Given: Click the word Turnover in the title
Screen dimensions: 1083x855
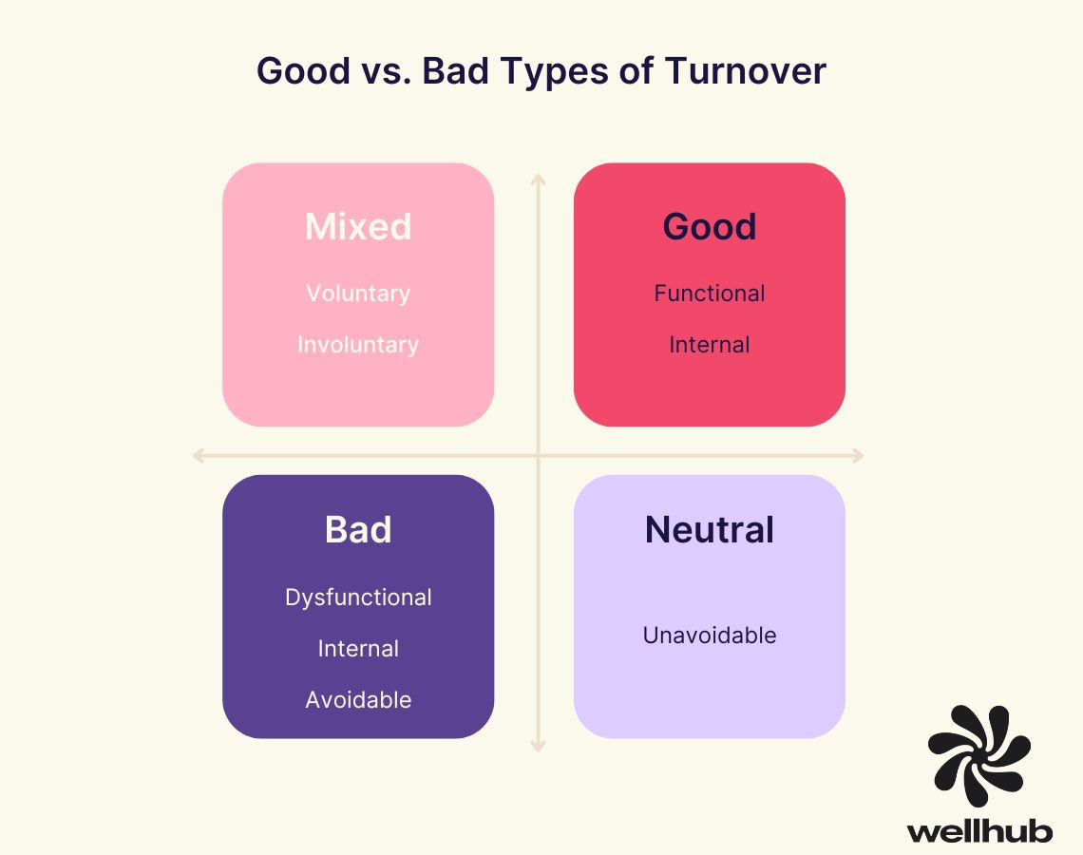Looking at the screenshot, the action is pyautogui.click(x=745, y=70).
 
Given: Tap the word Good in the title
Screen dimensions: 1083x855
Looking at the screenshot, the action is pyautogui.click(x=303, y=70).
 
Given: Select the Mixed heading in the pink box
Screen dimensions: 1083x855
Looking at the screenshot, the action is pyautogui.click(x=358, y=226).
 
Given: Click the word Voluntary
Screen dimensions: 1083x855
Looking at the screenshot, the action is pyautogui.click(x=358, y=294).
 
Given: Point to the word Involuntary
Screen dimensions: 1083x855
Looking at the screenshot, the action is pyautogui.click(x=358, y=345).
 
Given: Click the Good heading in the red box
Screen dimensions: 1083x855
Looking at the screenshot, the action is pyautogui.click(x=710, y=226).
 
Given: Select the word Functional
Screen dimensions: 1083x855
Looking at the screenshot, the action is pyautogui.click(x=710, y=294).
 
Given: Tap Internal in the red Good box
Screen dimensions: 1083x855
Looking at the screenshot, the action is pyautogui.click(x=710, y=345).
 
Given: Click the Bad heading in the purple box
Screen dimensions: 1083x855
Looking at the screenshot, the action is pyautogui.click(x=358, y=530).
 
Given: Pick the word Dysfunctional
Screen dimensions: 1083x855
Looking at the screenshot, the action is pyautogui.click(x=358, y=598).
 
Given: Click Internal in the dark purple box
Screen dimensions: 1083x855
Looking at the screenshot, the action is pyautogui.click(x=358, y=649).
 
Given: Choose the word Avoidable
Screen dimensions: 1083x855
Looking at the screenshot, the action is pyautogui.click(x=358, y=700).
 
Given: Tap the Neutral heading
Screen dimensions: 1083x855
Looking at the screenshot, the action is pyautogui.click(x=710, y=530).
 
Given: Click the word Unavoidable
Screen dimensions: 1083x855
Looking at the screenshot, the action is pyautogui.click(x=710, y=636).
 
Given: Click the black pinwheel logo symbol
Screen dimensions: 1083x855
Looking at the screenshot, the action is pyautogui.click(x=978, y=755).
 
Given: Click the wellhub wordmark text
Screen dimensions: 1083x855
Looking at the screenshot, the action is pyautogui.click(x=979, y=830).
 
